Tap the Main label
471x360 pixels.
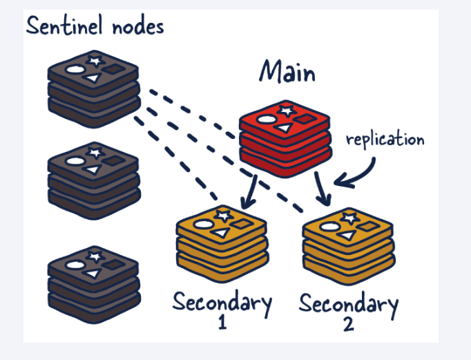tap(287, 72)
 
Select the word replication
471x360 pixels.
tap(385, 139)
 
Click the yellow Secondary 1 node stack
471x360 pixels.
tap(221, 242)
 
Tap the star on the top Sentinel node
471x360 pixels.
tap(95, 61)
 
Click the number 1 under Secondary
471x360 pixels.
tap(222, 322)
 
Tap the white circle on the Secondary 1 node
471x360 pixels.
tap(202, 224)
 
